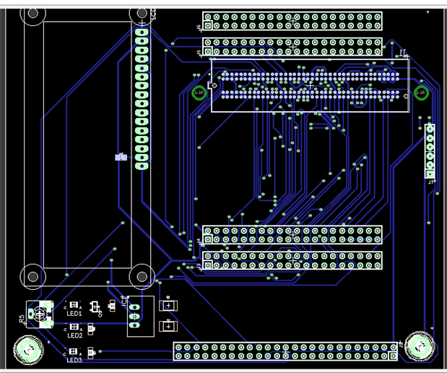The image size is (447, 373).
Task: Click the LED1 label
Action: click(74, 314)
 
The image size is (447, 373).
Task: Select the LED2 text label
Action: click(74, 335)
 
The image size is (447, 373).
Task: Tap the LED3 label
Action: click(74, 360)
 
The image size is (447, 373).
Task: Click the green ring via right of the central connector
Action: click(420, 93)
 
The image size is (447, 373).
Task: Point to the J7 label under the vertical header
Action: click(431, 182)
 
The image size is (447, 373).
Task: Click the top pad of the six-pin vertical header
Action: click(430, 129)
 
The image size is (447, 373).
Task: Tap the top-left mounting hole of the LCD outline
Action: click(32, 13)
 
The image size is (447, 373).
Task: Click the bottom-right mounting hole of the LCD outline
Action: click(142, 275)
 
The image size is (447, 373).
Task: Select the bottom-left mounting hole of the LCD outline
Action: click(32, 275)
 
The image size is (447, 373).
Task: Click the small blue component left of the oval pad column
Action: click(121, 157)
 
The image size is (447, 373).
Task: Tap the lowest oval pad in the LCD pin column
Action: click(142, 166)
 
